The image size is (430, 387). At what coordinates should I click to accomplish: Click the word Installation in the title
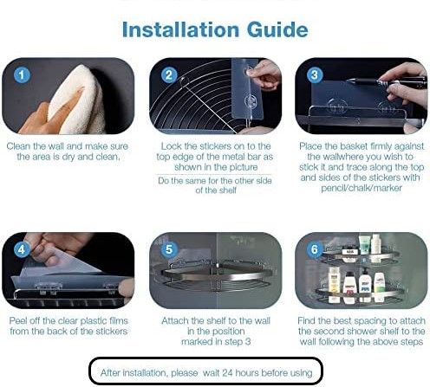click(180, 29)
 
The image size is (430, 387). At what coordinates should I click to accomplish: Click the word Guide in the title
click(277, 29)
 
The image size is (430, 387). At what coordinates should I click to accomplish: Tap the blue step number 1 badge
click(22, 75)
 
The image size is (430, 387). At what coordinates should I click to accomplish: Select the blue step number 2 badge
click(169, 75)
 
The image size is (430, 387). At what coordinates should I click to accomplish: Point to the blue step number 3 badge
click(315, 75)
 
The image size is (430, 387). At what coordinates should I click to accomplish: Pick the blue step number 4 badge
click(22, 249)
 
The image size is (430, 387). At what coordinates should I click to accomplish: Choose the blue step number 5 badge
click(169, 249)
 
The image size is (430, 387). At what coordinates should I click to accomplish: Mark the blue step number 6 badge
click(315, 249)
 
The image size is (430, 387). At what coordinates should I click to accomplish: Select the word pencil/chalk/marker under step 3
click(362, 188)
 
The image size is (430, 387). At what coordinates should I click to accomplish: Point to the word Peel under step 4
click(16, 320)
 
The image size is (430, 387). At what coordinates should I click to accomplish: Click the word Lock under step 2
click(169, 146)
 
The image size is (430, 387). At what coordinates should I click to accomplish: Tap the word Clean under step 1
click(18, 146)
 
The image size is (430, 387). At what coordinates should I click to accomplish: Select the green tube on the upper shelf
click(364, 244)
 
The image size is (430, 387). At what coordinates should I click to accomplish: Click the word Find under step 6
click(306, 320)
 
